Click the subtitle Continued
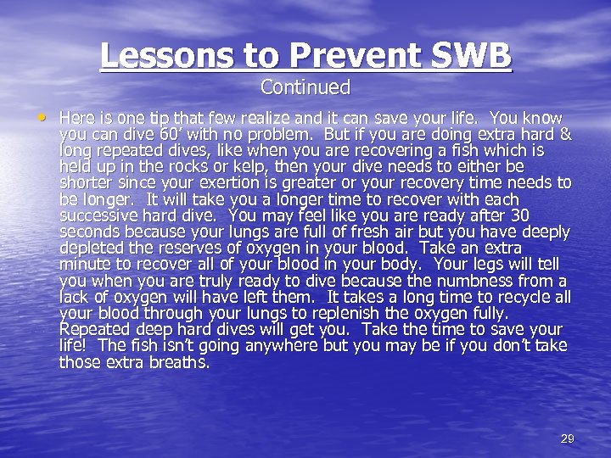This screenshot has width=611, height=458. point(305,87)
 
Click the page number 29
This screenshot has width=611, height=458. point(568,438)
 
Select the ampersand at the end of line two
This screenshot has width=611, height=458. point(566,134)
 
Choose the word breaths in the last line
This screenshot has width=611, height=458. point(179,362)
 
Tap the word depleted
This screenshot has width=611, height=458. point(91,248)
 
